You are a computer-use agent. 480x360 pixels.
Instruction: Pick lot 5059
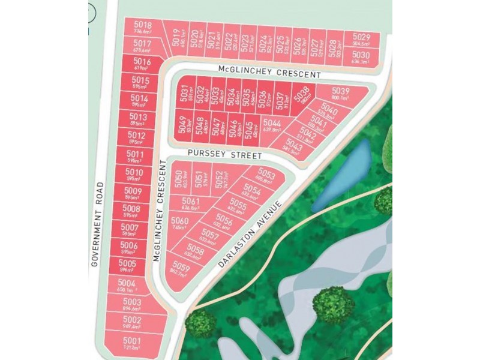click(181, 270)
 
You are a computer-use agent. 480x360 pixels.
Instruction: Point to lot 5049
click(182, 125)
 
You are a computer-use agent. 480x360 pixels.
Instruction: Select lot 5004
click(127, 286)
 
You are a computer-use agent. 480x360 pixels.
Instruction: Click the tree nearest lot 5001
click(200, 322)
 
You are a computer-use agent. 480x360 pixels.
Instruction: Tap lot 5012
click(137, 138)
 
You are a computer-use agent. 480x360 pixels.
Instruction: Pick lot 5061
click(191, 204)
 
